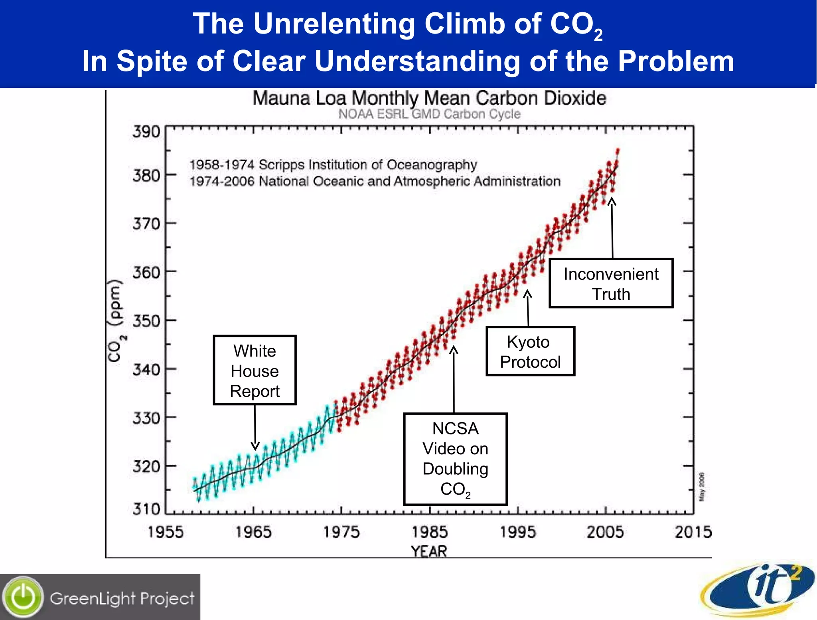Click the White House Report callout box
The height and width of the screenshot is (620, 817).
click(255, 370)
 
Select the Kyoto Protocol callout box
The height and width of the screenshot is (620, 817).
click(530, 351)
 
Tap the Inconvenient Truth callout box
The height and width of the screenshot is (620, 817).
click(611, 283)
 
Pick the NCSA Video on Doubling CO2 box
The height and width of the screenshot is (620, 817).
click(455, 459)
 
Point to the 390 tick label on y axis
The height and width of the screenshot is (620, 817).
click(146, 131)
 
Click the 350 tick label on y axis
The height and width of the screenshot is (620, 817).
click(146, 321)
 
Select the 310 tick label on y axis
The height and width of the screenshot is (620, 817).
click(146, 509)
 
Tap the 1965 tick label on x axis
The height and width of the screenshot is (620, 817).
click(253, 532)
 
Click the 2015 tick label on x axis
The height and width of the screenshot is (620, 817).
click(693, 532)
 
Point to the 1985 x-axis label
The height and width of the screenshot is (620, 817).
click(429, 532)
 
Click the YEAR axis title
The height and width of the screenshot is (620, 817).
click(429, 551)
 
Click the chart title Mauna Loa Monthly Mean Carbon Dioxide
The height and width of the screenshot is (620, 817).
click(429, 98)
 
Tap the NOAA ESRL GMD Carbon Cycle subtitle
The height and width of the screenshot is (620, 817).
click(429, 114)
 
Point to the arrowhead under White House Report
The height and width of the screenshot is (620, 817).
click(255, 446)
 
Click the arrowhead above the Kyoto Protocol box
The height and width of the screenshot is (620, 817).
click(527, 294)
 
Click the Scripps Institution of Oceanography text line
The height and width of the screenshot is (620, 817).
click(333, 164)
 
